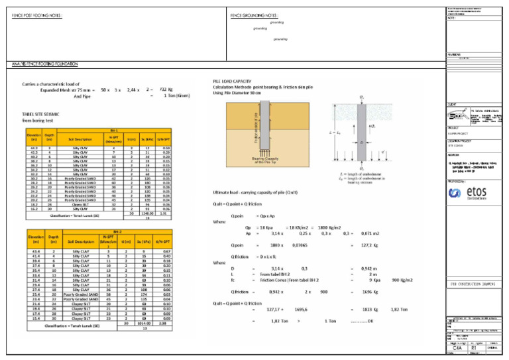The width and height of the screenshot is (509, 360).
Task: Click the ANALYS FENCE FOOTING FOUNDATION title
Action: (x=44, y=64)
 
